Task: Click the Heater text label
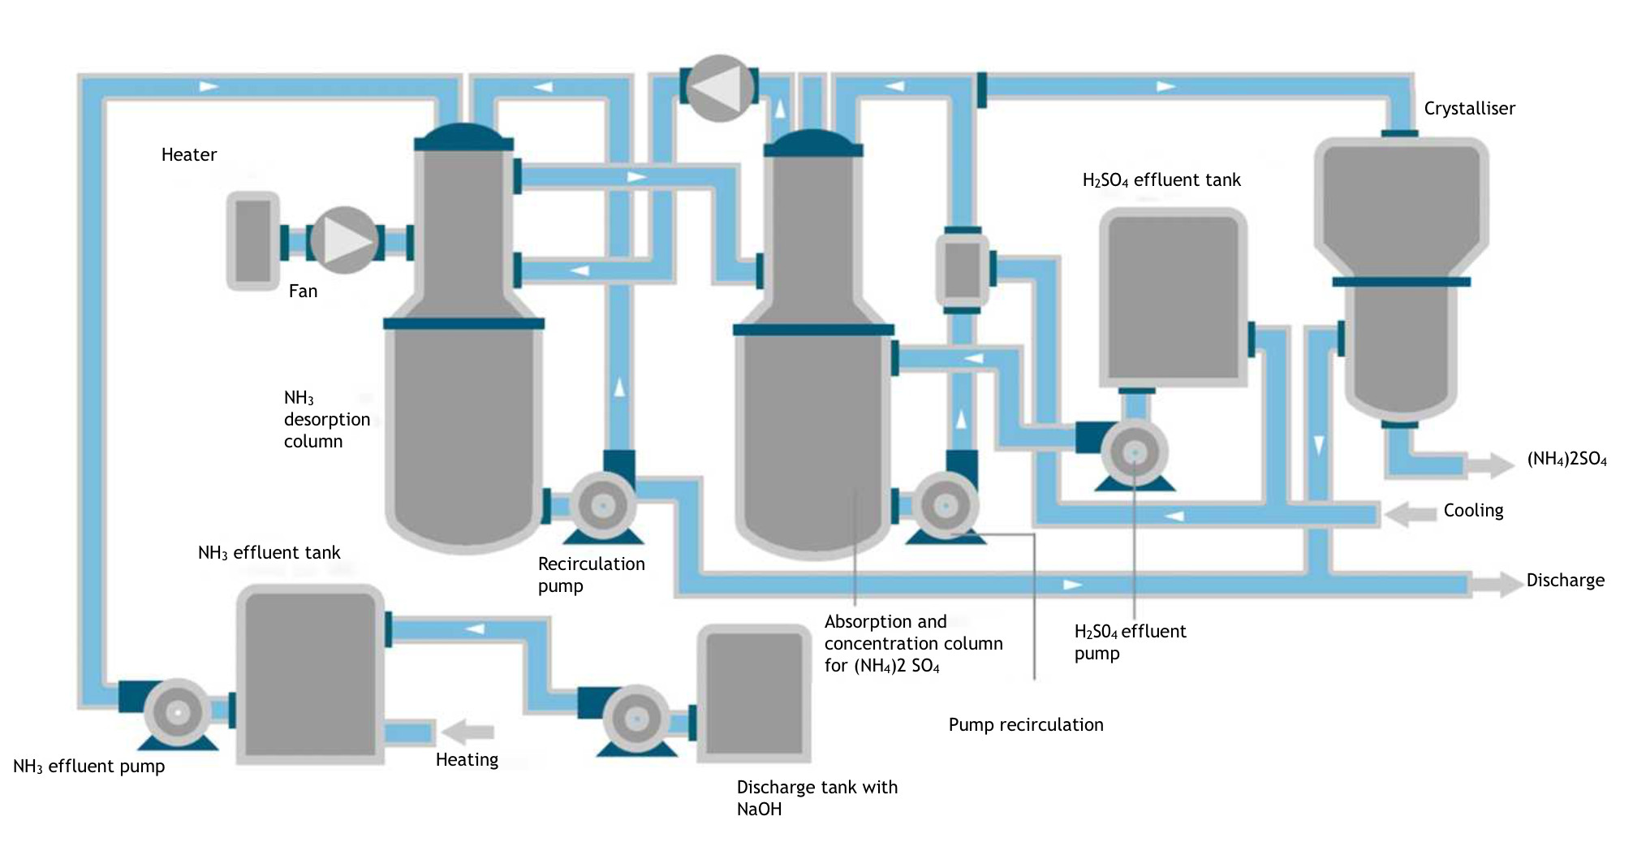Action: pyautogui.click(x=188, y=154)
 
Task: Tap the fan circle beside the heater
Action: pyautogui.click(x=344, y=240)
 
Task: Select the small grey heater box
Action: pyautogui.click(x=253, y=241)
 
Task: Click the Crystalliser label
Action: pyautogui.click(x=1469, y=109)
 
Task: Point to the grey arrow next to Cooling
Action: pyautogui.click(x=1411, y=513)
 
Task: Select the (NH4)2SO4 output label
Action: pyautogui.click(x=1566, y=459)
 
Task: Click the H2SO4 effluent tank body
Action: pyautogui.click(x=1173, y=296)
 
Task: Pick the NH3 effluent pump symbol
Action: pyautogui.click(x=177, y=713)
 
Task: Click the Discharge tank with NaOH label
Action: pyautogui.click(x=816, y=797)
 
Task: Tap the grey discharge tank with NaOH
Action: pyautogui.click(x=754, y=693)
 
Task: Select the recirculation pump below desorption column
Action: pyautogui.click(x=602, y=506)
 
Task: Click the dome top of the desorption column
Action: pyautogui.click(x=463, y=136)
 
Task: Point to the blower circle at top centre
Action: pyautogui.click(x=719, y=88)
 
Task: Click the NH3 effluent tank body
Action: pyautogui.click(x=309, y=674)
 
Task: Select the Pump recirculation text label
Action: pyautogui.click(x=1026, y=724)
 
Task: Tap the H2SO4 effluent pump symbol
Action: pyautogui.click(x=1134, y=452)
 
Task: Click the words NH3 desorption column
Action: pyautogui.click(x=326, y=419)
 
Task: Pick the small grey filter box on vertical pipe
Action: pyautogui.click(x=963, y=270)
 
